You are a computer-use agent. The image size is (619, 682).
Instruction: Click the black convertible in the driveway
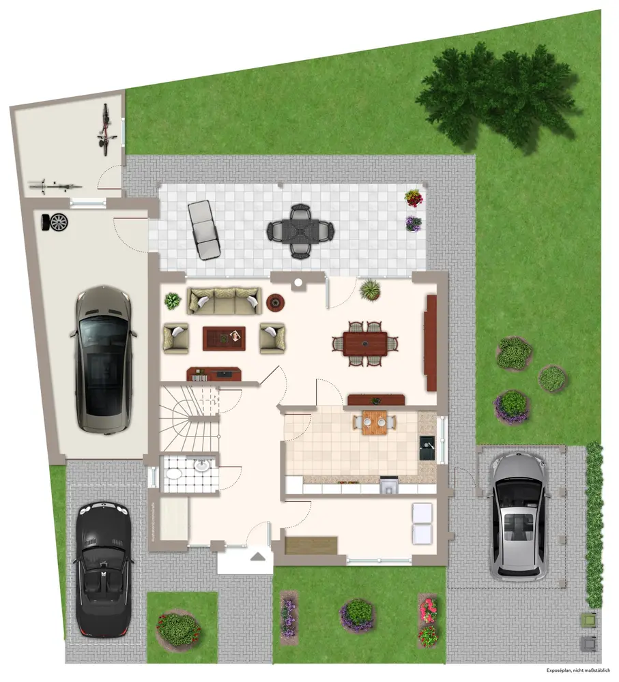click(103, 569)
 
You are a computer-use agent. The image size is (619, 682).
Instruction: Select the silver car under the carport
click(518, 517)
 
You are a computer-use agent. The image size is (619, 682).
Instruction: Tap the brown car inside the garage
click(103, 359)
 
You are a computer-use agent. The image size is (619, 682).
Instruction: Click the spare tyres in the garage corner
click(55, 222)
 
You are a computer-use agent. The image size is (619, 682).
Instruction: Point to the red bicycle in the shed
click(106, 130)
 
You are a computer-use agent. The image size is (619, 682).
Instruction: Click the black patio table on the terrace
click(300, 231)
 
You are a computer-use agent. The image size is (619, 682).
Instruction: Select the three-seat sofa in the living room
click(224, 300)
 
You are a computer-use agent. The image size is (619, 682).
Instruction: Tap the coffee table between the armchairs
click(224, 338)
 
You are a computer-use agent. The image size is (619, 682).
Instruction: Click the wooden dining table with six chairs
click(365, 344)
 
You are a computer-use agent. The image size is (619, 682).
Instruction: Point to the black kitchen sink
click(427, 447)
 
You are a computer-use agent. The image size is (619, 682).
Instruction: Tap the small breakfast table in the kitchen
click(374, 423)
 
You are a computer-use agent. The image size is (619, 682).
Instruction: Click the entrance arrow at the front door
click(257, 557)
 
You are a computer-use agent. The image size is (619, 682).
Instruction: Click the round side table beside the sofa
click(275, 303)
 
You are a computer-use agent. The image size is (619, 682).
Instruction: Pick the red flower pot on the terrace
click(414, 198)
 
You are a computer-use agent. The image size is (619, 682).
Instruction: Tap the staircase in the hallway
click(189, 417)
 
